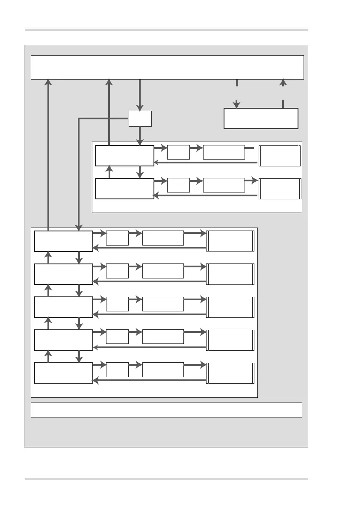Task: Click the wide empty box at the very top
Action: click(x=167, y=67)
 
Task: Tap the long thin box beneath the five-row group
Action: click(x=166, y=409)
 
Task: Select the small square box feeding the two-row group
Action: click(x=140, y=118)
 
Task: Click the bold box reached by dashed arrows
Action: click(x=261, y=118)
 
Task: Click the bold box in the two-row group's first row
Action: click(x=124, y=155)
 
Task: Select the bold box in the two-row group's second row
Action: click(x=124, y=189)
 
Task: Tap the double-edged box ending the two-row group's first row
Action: click(x=280, y=156)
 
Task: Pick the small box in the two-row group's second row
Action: click(x=178, y=185)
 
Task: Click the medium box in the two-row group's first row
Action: click(x=224, y=152)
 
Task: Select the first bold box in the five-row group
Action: click(x=64, y=241)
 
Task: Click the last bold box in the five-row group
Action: click(x=64, y=373)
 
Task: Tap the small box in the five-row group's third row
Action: click(x=117, y=304)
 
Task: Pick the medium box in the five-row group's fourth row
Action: click(x=163, y=337)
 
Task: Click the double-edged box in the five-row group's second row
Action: click(x=230, y=274)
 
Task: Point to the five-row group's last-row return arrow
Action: click(x=150, y=380)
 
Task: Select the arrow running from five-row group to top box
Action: click(x=49, y=154)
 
